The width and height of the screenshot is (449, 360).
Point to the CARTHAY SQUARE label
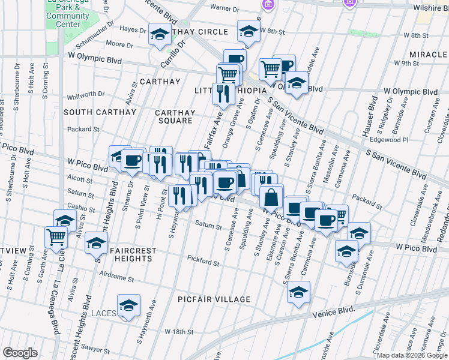pyautogui.click(x=175, y=116)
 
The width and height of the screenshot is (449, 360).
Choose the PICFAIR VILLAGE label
pyautogui.click(x=214, y=299)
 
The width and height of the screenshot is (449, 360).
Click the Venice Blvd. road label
pyautogui.click(x=333, y=313)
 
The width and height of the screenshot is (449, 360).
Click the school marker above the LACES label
pyautogui.click(x=128, y=305)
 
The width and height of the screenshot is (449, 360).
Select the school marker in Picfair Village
pyautogui.click(x=298, y=292)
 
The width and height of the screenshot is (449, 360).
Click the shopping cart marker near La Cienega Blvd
pyautogui.click(x=56, y=236)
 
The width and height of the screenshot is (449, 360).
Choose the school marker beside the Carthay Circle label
pyautogui.click(x=160, y=34)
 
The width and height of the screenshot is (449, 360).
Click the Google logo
pyautogui.click(x=20, y=353)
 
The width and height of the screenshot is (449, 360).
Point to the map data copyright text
pyautogui.click(x=412, y=355)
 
